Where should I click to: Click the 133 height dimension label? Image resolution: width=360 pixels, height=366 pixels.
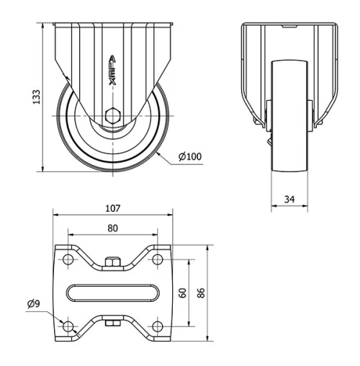click(36, 97)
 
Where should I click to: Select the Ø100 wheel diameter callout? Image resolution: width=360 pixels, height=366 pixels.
click(189, 156)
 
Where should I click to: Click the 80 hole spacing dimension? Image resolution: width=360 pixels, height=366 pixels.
click(112, 228)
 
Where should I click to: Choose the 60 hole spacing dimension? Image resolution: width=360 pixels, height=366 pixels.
click(182, 293)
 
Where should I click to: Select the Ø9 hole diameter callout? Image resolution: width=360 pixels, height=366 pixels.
click(33, 305)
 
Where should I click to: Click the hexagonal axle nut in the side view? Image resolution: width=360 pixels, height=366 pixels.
click(112, 115)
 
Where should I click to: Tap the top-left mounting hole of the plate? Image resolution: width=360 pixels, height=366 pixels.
click(68, 259)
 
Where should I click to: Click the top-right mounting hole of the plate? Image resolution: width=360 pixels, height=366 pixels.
click(156, 259)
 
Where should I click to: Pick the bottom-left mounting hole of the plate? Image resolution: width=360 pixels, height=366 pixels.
click(68, 326)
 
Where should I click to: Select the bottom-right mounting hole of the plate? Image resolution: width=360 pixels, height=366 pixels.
click(156, 326)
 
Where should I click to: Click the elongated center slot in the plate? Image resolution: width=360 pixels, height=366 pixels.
click(112, 293)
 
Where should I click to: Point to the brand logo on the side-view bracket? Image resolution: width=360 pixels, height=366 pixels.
click(112, 73)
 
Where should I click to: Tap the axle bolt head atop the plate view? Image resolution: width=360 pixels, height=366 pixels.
click(112, 260)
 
